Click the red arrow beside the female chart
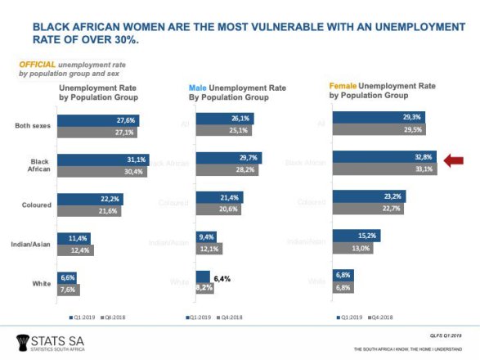point(454,162)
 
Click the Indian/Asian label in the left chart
point(34,242)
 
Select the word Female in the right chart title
point(346,85)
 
